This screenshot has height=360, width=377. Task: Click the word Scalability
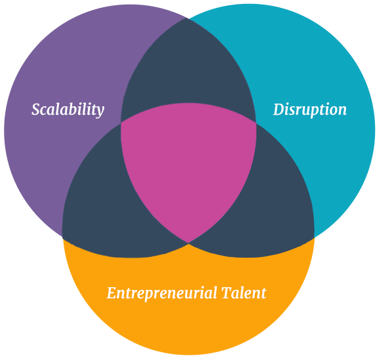[68, 110]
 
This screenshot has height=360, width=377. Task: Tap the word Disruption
[310, 110]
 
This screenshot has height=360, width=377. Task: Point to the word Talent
[244, 293]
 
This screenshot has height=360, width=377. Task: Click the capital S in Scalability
[36, 110]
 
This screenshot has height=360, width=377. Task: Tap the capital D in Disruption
[279, 110]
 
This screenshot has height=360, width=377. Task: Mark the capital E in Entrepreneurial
[112, 292]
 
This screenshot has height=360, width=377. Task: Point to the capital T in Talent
[228, 292]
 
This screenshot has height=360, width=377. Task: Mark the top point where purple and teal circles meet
[187, 18]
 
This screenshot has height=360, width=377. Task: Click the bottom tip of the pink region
[189, 243]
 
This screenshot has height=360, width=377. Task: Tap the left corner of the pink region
[121, 123]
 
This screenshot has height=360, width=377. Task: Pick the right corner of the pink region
[256, 124]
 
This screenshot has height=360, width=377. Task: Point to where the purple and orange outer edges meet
[62, 237]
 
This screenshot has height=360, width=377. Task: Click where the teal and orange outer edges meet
[315, 237]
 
